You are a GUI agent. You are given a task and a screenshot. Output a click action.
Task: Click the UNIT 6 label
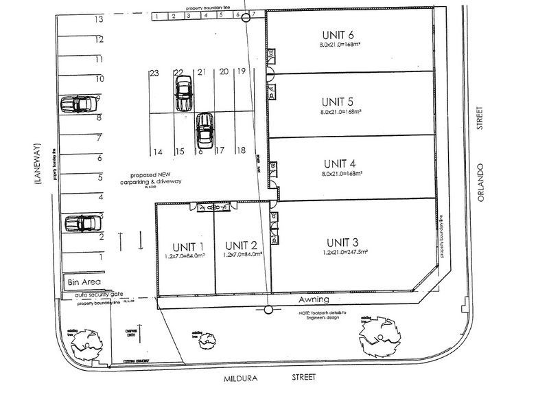coord(338,35)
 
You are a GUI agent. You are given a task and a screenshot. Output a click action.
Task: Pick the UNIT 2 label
coord(240,246)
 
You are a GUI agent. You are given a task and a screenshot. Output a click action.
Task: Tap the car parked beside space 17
coord(205,129)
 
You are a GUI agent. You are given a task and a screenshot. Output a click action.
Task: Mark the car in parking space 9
coord(79,104)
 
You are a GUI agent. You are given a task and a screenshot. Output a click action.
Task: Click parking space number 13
coord(100,21)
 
